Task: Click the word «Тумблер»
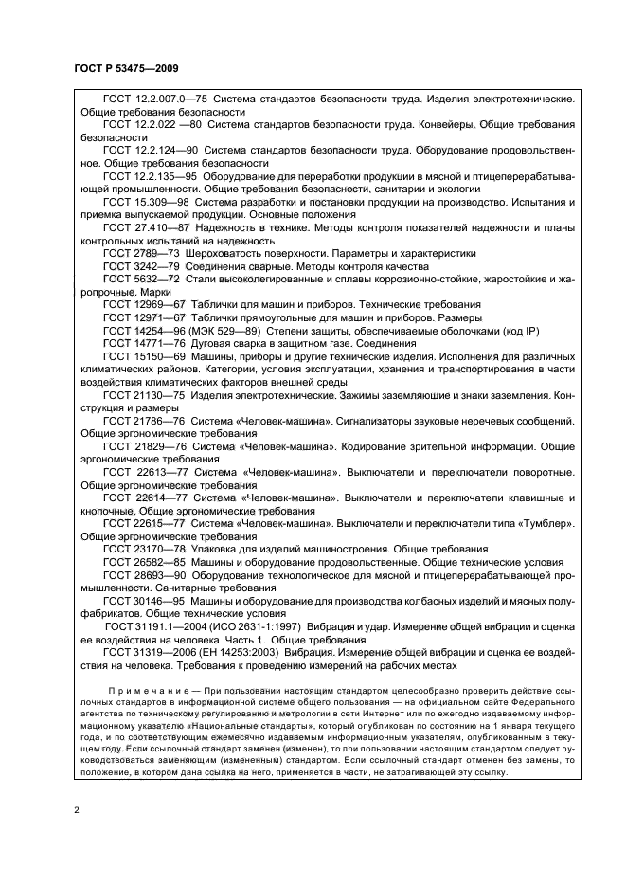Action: tap(538, 521)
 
